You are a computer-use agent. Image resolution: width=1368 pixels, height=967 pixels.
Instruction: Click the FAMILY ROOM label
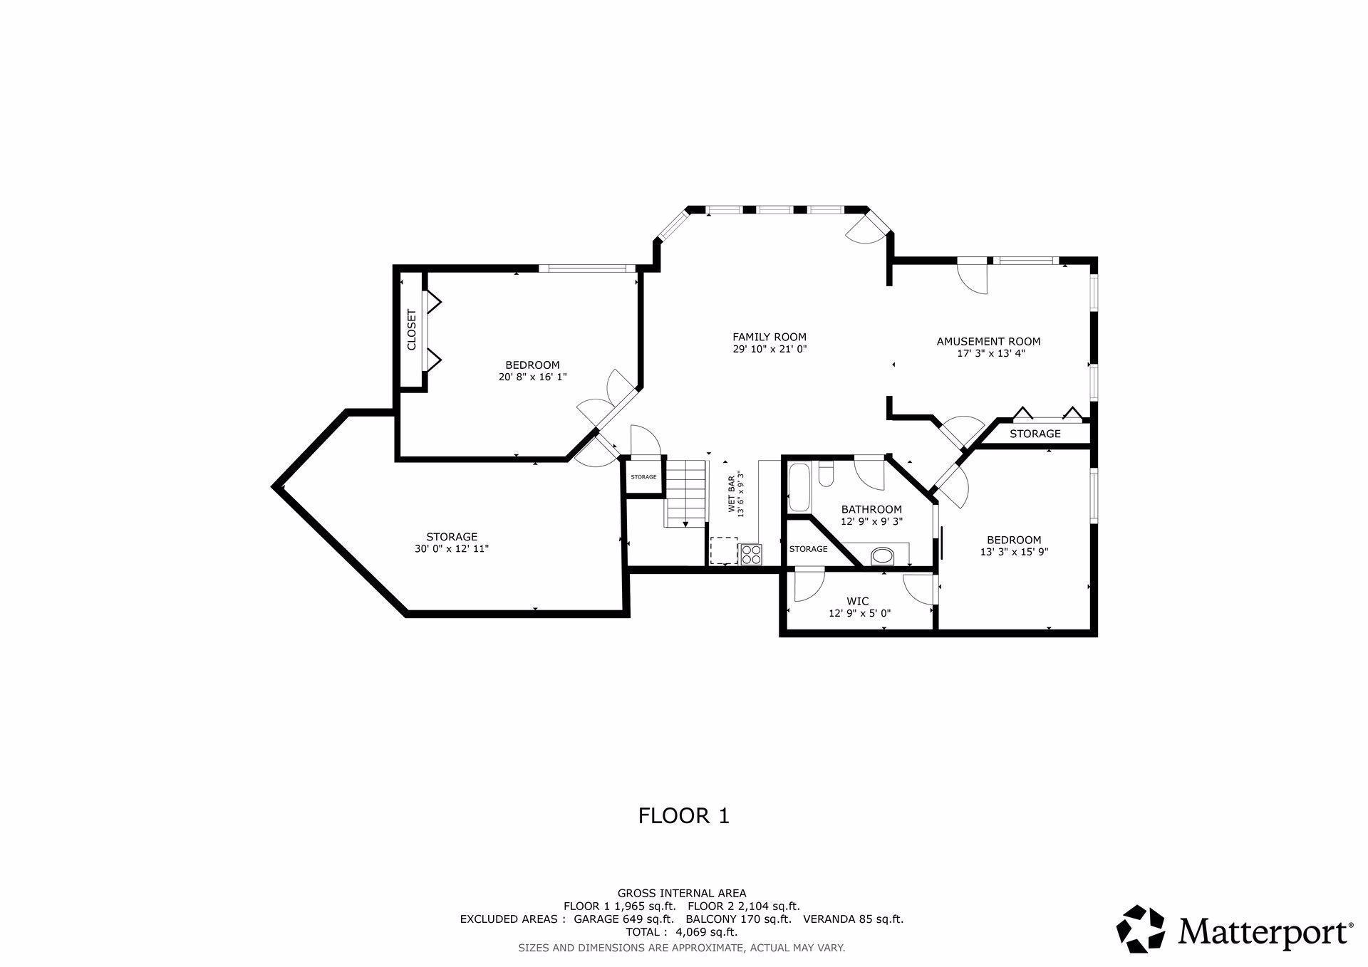(769, 337)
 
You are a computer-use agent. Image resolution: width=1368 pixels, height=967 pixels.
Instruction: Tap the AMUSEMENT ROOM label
(988, 341)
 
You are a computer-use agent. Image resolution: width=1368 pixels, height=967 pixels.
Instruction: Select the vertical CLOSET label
(411, 330)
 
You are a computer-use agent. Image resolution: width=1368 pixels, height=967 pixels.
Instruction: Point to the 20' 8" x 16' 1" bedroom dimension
(532, 377)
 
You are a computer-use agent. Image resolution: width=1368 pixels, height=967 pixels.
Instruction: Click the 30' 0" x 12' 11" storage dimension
(452, 549)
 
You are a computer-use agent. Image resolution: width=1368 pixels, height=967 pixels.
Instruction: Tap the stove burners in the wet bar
(751, 554)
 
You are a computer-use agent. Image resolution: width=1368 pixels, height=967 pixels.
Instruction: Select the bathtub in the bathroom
(799, 487)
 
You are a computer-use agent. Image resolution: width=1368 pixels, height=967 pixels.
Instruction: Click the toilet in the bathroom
(826, 474)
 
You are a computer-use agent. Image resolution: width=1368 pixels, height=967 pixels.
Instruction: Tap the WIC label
(857, 602)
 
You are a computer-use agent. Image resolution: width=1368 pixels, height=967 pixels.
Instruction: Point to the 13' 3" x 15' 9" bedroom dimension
(1014, 552)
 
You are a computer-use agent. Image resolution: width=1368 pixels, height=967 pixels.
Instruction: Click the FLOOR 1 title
(684, 815)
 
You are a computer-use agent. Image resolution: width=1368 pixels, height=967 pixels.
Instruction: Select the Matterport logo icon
(1140, 929)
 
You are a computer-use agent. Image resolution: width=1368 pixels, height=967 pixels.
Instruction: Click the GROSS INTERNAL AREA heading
(682, 893)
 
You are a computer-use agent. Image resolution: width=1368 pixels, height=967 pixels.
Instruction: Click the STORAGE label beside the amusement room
(1035, 434)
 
